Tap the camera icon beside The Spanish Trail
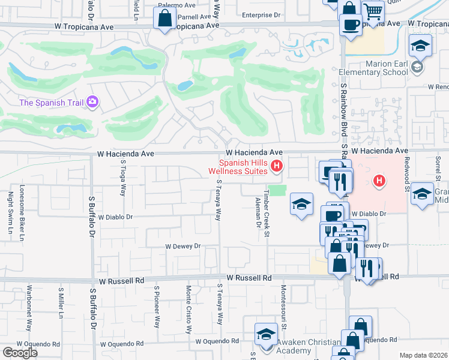click(93, 102)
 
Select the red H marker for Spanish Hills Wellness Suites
click(277, 166)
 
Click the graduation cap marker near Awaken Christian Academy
click(265, 335)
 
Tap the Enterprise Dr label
click(261, 15)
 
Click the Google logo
click(20, 353)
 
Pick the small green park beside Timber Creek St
click(277, 190)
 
